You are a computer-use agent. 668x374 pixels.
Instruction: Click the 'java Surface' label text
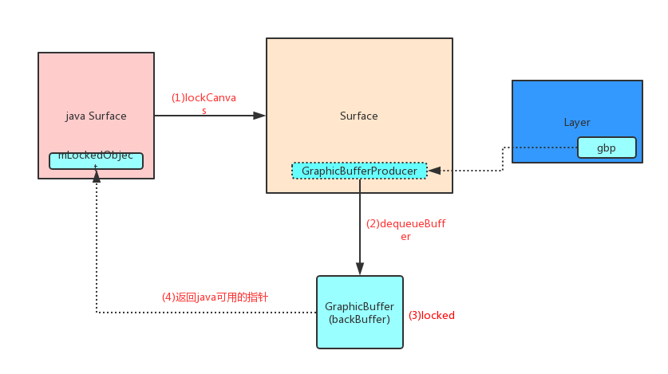tap(96, 116)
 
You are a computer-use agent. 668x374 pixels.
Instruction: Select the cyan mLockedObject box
tap(96, 160)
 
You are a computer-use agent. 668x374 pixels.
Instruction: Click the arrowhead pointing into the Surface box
tap(259, 116)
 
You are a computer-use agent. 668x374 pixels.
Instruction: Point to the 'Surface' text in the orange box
tap(359, 116)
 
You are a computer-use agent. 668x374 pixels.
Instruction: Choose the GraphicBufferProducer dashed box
tap(359, 171)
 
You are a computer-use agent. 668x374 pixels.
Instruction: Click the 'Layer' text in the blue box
tap(576, 122)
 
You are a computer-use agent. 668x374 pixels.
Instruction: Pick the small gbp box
tap(607, 148)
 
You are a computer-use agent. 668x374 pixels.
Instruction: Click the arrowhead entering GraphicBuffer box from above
tap(360, 270)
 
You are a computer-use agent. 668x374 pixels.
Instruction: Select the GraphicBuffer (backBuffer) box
tap(360, 312)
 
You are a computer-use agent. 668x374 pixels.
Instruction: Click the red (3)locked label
tap(431, 315)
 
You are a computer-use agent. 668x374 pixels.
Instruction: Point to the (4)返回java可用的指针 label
tap(215, 297)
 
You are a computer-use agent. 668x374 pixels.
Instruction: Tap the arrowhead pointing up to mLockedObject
tap(97, 176)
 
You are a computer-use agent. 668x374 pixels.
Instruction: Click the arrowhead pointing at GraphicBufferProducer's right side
tap(434, 171)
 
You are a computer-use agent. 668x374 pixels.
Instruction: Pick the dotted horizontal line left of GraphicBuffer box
tap(208, 313)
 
